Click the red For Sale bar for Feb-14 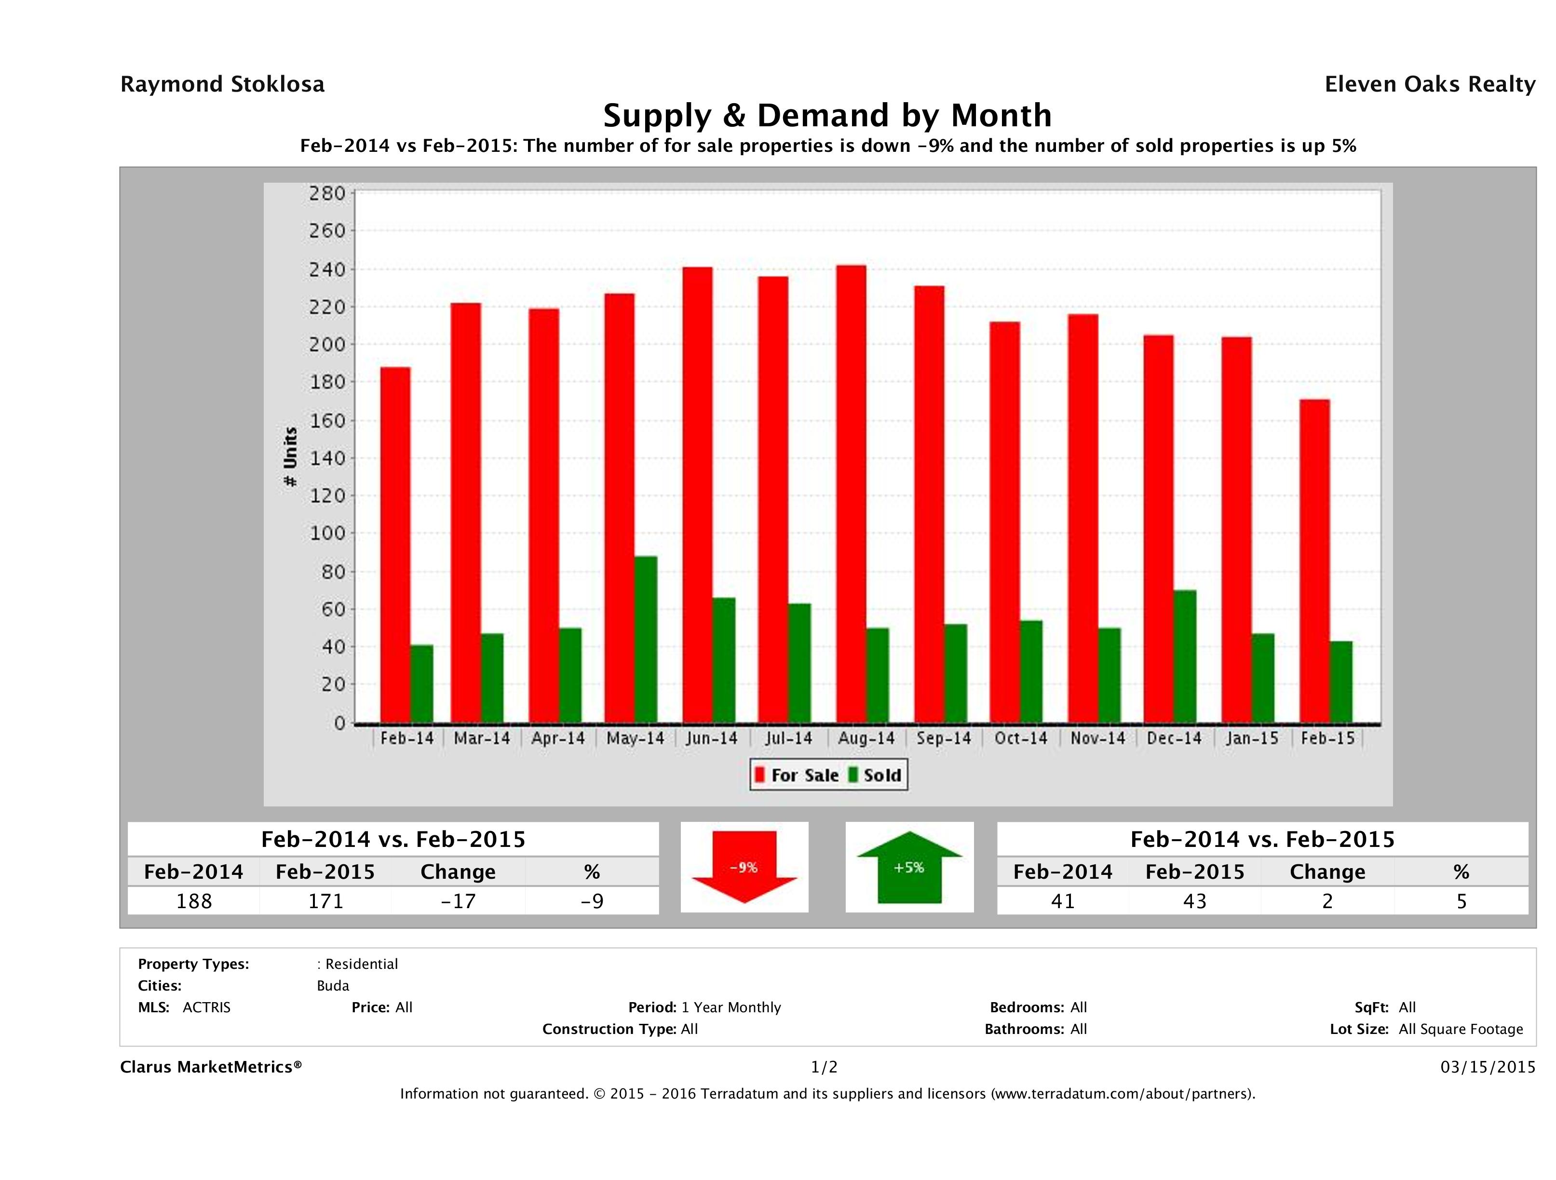click(395, 545)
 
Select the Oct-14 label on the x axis click(1021, 738)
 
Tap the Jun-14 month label click(712, 738)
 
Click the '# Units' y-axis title click(290, 457)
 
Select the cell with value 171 click(325, 901)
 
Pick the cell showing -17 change click(458, 901)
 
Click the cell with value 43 click(1194, 901)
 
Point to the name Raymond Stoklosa click(222, 84)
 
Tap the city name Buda click(333, 985)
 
